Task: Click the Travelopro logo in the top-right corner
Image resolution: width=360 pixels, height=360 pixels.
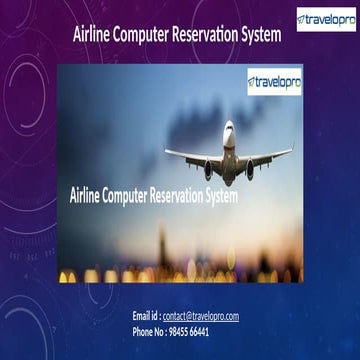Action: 325,20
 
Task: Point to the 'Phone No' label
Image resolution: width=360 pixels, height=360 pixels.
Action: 152,330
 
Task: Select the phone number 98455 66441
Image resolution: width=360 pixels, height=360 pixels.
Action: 193,330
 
